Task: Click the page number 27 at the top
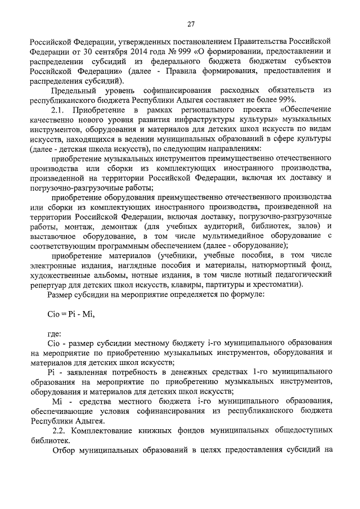[x=191, y=23]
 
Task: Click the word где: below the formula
[x=55, y=334]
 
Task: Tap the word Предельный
[x=73, y=90]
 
